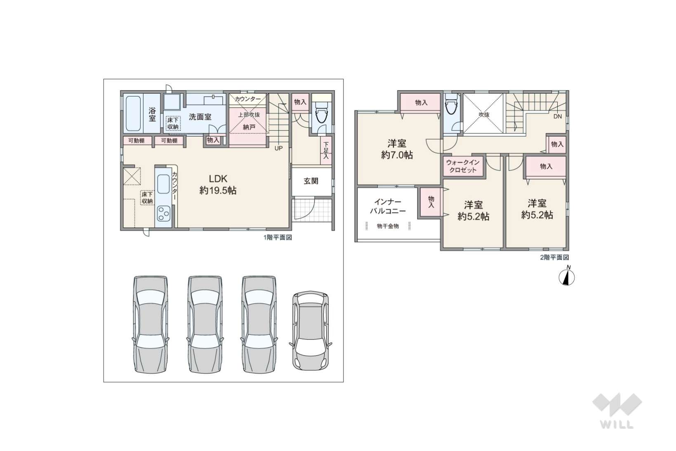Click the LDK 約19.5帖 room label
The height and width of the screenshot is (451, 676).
[x=218, y=184]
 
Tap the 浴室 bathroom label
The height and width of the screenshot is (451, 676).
[x=152, y=114]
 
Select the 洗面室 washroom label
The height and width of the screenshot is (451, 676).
[x=200, y=117]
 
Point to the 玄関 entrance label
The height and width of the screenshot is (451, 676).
[x=311, y=181]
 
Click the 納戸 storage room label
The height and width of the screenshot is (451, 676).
[x=249, y=127]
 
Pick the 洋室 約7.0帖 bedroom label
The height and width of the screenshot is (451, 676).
[x=397, y=149]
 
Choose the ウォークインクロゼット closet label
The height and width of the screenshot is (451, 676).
[x=463, y=166]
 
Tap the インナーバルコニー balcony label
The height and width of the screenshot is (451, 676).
[x=388, y=206]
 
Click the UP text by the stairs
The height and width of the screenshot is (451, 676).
[x=278, y=148]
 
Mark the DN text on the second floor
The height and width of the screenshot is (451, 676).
[x=557, y=116]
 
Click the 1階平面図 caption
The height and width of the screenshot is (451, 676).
[x=278, y=238]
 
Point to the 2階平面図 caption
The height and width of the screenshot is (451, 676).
[x=554, y=257]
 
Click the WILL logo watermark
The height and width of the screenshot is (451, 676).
[x=617, y=411]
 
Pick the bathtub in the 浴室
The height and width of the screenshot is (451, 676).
[x=132, y=113]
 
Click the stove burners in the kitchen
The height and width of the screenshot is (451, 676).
[x=164, y=214]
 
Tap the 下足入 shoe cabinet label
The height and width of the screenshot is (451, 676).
[x=326, y=150]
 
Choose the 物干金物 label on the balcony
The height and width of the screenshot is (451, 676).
[x=388, y=226]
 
